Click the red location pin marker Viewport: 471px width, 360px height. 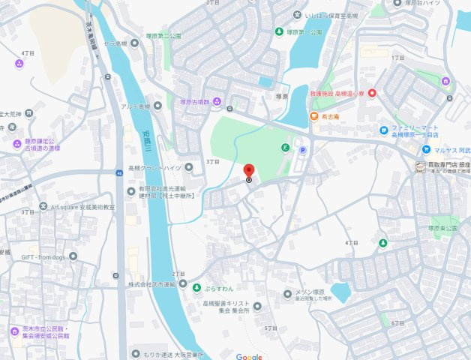tap(249, 172)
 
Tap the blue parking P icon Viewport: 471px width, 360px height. tap(302, 149)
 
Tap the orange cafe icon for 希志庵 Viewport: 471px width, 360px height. tap(313, 116)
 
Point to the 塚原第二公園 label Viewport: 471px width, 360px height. tap(163, 34)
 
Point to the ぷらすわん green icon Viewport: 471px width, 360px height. tap(196, 288)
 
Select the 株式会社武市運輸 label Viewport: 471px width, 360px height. tap(151, 284)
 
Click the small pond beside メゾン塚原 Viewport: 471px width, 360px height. tap(341, 290)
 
